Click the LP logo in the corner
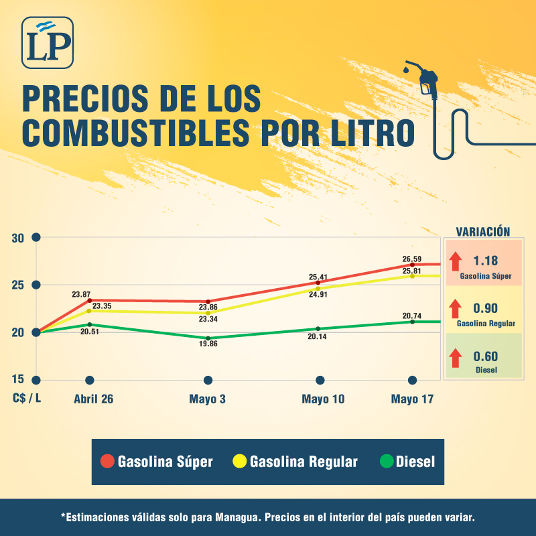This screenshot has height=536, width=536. pos(47,42)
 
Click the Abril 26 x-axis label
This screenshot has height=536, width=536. pos(93,399)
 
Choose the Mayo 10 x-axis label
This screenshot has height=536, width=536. pos(323,399)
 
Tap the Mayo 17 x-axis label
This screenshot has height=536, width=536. pos(413,399)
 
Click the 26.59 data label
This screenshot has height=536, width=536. pos(411,259)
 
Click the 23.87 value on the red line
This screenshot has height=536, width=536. pos(81,294)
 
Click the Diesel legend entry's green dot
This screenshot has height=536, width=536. pos(386,462)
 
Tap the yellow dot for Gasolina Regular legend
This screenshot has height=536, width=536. pos(239,462)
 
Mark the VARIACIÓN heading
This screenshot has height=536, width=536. pos(483,231)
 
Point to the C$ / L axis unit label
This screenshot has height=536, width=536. pos(27,399)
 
